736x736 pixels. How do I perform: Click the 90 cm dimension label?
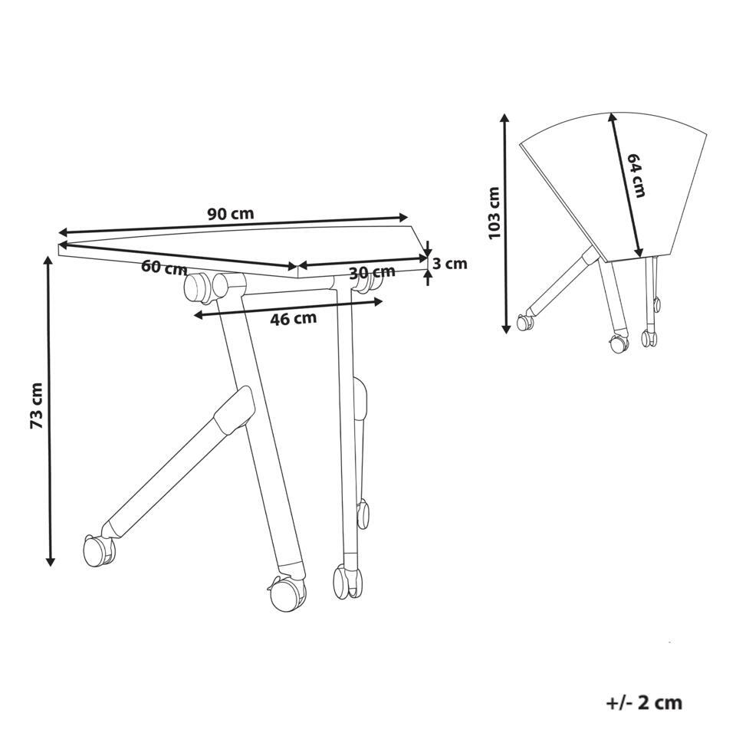[231, 214]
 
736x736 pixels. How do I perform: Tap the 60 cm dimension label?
[164, 268]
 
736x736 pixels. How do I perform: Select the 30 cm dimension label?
[373, 271]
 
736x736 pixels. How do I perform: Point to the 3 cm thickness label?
[450, 264]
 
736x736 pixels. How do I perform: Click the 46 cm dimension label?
[294, 319]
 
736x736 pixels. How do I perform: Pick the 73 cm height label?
[37, 406]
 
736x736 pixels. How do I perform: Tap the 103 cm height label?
[495, 212]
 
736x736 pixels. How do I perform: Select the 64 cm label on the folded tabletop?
[636, 175]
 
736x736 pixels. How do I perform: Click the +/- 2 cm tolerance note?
[644, 703]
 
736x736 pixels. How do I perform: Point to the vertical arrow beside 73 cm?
[50, 411]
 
